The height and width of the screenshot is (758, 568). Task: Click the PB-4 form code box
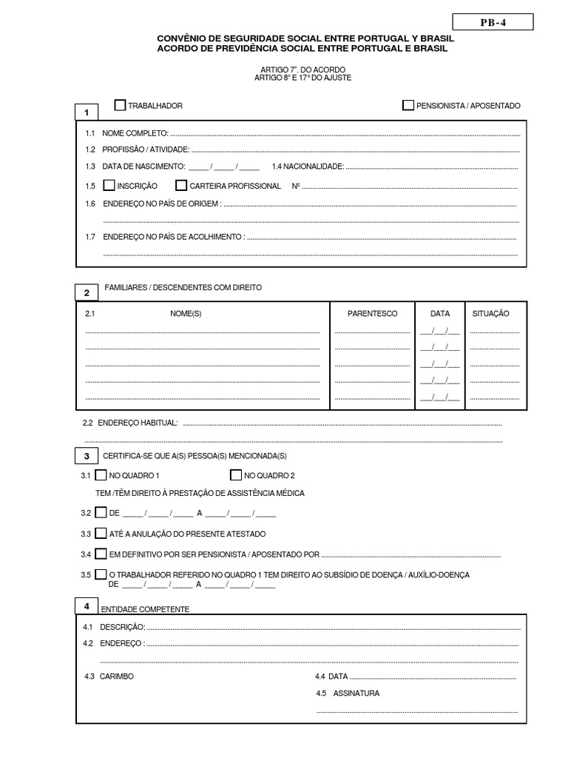coord(493,23)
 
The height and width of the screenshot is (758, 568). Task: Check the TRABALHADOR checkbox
coord(120,105)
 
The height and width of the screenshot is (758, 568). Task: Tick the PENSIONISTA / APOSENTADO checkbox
coord(408,105)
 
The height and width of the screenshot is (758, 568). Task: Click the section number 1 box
coord(87,113)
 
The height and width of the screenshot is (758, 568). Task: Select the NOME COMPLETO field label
coord(135,134)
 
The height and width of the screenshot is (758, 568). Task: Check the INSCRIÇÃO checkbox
coord(109,186)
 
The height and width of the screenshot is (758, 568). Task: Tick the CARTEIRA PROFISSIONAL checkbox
coord(181,186)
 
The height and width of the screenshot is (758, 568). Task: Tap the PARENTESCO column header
coord(372,314)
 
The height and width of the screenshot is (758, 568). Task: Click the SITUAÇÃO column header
coord(490,314)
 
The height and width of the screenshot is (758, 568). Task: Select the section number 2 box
coord(87,292)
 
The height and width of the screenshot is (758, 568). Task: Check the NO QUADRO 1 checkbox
coord(101,475)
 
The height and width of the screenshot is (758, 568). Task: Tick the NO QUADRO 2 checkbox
coord(236,475)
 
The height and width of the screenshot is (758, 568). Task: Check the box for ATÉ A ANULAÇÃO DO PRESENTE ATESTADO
coord(101,533)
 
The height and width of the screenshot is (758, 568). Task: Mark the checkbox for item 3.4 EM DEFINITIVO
coord(101,554)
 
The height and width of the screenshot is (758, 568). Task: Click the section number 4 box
coord(87,606)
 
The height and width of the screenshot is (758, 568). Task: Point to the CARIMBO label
coord(117,677)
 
